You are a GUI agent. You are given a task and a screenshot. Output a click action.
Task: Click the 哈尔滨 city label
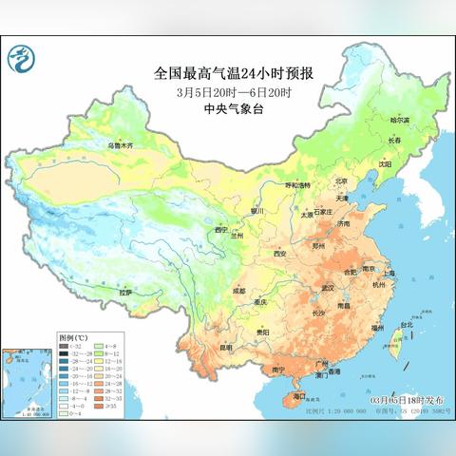coord(378,121)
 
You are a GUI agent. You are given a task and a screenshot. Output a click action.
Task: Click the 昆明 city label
coord(225,347)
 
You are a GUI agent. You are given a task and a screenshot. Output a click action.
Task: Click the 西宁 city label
coord(222,229)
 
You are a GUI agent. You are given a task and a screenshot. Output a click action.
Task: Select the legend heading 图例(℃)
coord(73,337)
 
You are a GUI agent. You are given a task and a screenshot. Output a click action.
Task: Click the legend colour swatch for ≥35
coord(102,406)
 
